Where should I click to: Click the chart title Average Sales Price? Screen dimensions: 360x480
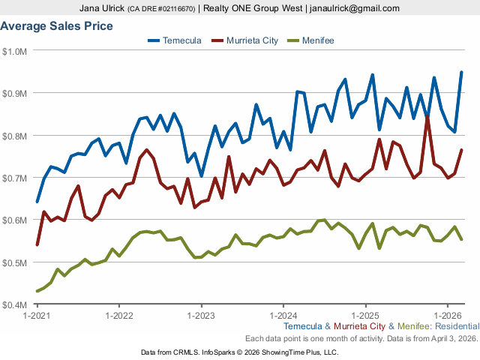[57, 26]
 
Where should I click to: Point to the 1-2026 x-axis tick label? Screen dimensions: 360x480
[447, 315]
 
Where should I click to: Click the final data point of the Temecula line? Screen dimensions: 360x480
[461, 72]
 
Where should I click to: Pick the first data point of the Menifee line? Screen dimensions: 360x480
[37, 291]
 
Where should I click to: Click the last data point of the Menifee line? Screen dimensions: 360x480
[461, 239]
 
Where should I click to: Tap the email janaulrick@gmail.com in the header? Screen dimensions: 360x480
[359, 8]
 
